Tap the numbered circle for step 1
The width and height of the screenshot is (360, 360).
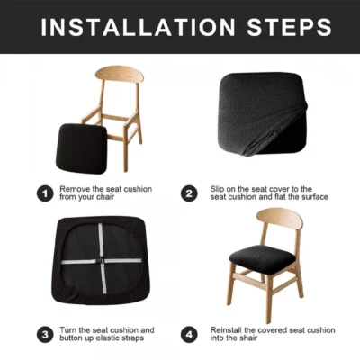44,193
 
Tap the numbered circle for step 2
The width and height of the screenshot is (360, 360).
189,193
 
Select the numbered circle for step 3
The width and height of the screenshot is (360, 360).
44,335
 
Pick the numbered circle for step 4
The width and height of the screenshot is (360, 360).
189,335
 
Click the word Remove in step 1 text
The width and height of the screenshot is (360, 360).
75,188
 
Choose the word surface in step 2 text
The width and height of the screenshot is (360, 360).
314,198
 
